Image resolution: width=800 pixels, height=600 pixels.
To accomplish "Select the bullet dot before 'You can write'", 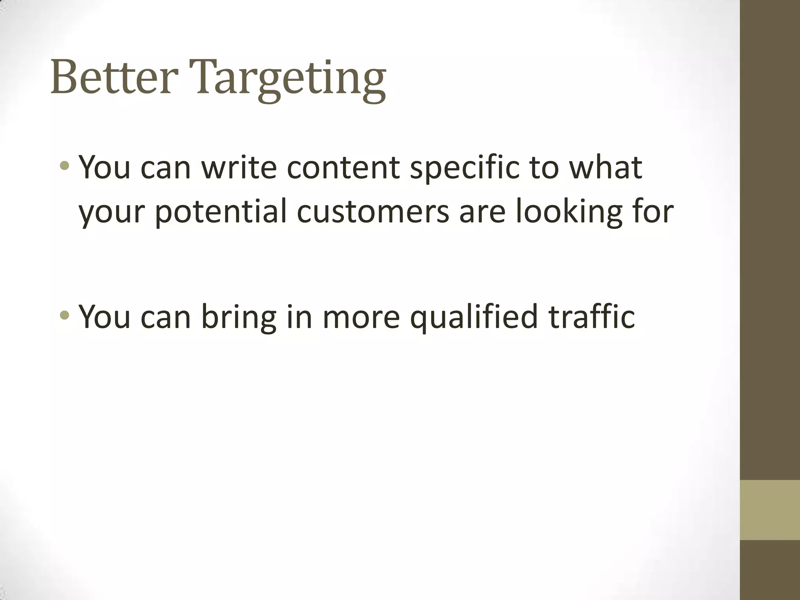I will pos(65,167).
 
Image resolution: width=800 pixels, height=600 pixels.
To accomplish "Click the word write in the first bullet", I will pos(239,167).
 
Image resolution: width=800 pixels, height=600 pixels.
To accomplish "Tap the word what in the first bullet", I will pos(605,167).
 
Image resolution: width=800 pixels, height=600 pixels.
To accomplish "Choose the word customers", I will pos(373,212).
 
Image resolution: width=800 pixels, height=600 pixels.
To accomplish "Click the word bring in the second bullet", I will pos(239,317).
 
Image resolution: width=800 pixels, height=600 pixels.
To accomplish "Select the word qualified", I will pos(474,317).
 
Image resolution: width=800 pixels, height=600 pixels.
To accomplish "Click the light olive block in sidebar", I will pos(770,510).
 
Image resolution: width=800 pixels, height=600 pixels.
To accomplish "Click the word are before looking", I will pos(482,212).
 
